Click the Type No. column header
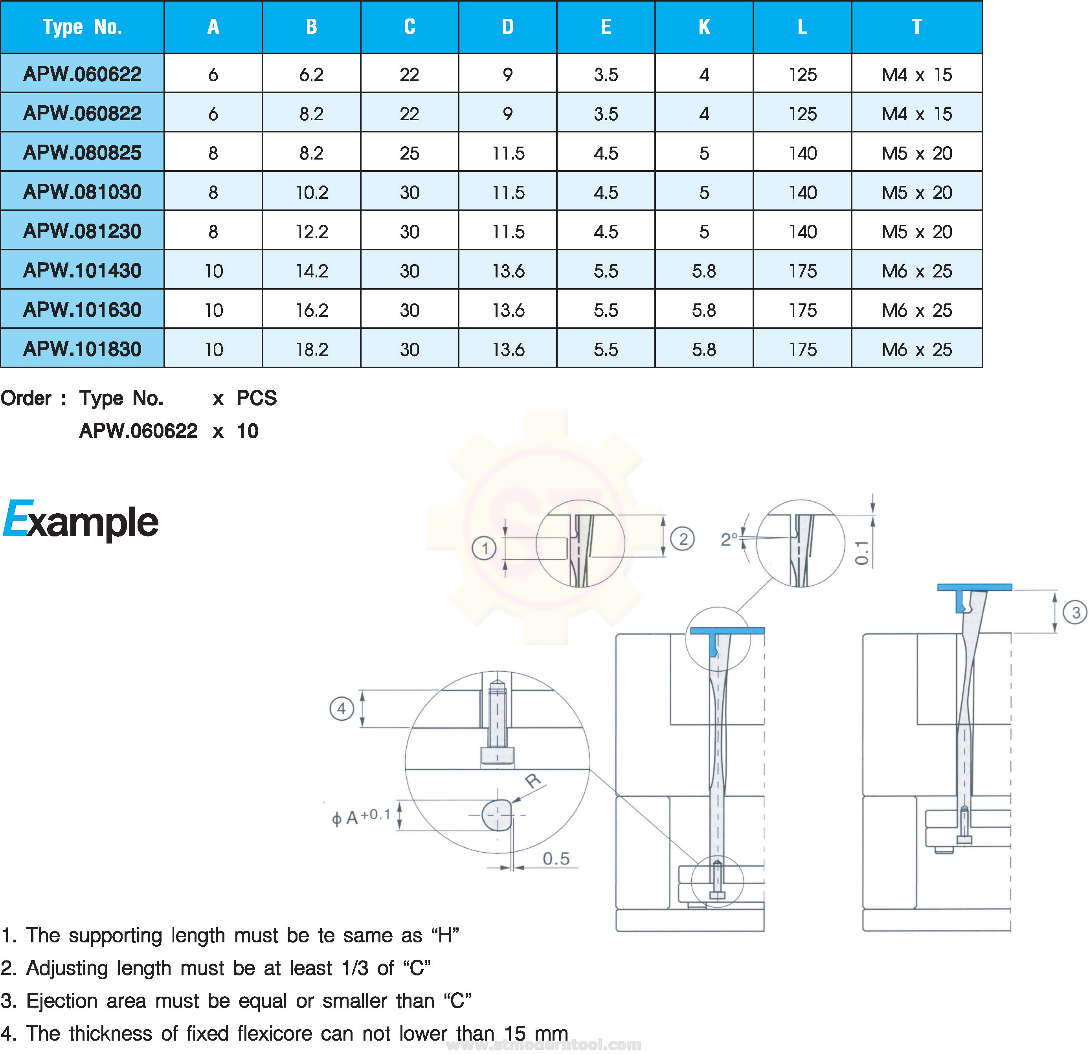82,27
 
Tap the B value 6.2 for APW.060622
311,74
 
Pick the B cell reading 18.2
312,349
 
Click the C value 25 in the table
410,153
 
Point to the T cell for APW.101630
917,310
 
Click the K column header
704,27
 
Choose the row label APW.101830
82,349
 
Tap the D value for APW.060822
507,114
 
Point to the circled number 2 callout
683,538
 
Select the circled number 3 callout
1075,612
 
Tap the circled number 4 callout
342,709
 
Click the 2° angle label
729,539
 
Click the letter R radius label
533,780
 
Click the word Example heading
81,520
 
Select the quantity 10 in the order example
247,431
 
